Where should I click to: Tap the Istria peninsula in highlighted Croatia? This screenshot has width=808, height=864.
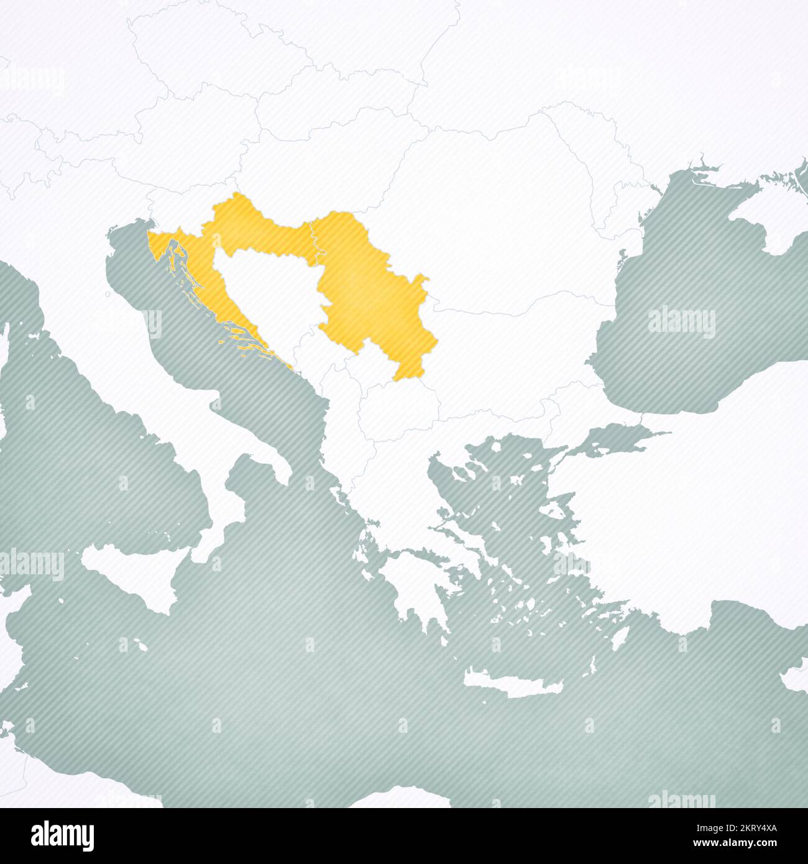[x=158, y=246]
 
